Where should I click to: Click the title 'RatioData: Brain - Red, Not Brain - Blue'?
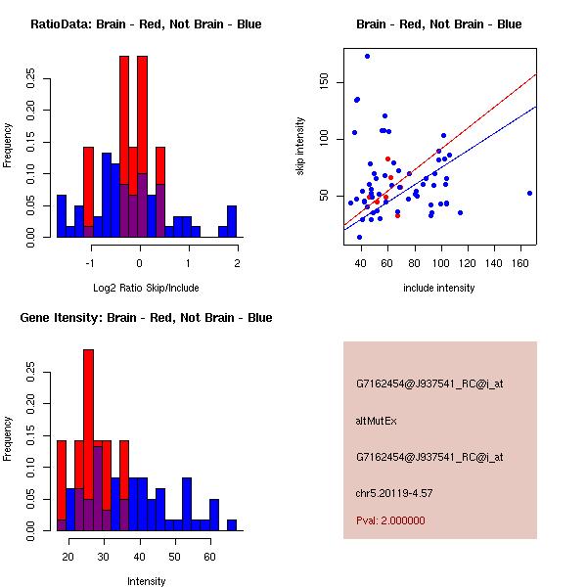point(145,24)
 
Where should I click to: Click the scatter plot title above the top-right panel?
point(438,24)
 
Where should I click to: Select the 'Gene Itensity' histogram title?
point(145,318)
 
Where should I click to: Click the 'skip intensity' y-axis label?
point(300,147)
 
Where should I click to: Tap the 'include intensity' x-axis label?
point(438,289)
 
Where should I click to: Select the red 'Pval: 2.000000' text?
point(390,520)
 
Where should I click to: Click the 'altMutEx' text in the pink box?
point(375,421)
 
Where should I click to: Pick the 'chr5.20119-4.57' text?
point(393,492)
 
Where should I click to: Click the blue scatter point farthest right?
point(529,193)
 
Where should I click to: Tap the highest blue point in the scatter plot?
point(367,56)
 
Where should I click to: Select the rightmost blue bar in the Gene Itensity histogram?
point(232,525)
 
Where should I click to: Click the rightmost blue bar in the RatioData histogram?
point(232,221)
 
